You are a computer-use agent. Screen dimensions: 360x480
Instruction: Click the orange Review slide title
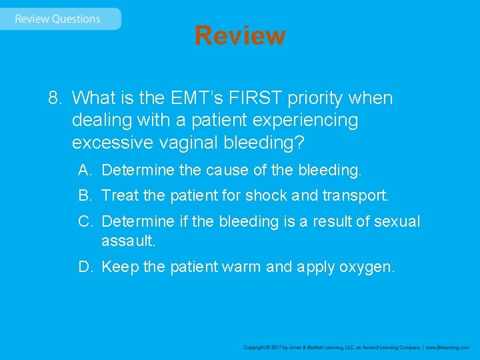pos(240,35)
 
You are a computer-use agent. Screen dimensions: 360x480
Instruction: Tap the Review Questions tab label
pos(57,19)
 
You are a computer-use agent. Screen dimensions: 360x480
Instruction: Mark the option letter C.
pos(84,221)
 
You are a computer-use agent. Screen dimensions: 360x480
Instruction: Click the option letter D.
pos(84,267)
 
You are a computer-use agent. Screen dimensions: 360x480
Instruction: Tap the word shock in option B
pos(266,196)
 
